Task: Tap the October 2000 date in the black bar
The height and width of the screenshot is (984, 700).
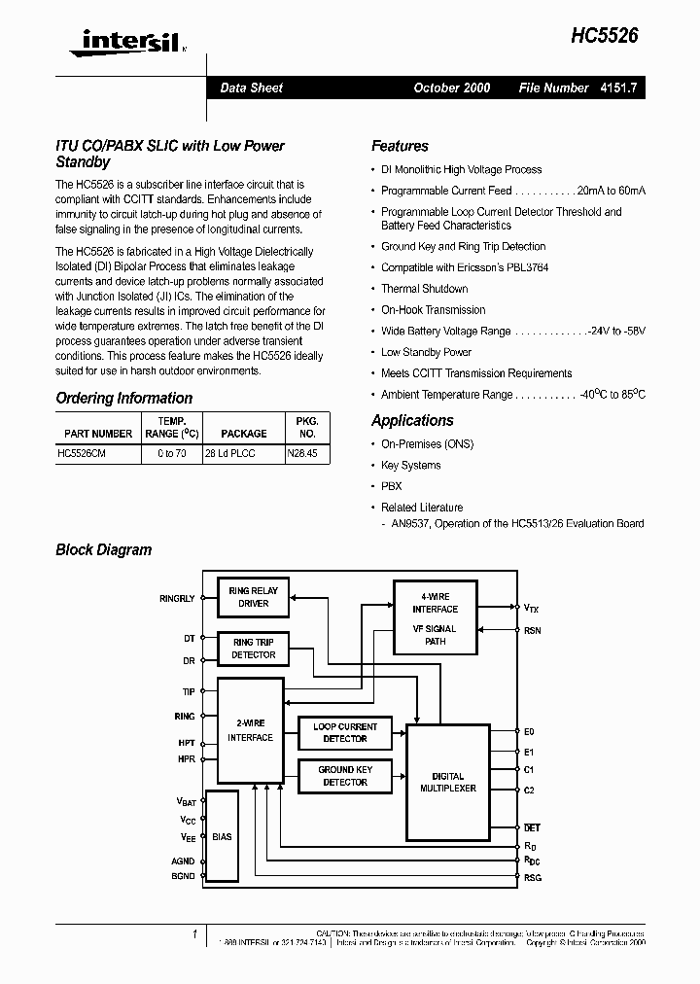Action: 452,88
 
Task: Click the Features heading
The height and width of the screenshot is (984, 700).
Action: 400,146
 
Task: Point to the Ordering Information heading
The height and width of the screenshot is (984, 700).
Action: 123,398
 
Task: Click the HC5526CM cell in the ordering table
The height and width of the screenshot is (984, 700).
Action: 82,454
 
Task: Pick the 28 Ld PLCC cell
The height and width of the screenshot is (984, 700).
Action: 229,454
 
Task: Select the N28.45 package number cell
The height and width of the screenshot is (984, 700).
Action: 301,454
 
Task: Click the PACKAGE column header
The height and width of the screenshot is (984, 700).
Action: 243,434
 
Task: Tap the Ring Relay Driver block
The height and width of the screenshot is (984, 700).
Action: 253,597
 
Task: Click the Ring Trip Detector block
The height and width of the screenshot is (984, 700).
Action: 254,649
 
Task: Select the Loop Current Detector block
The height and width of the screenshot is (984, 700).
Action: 345,732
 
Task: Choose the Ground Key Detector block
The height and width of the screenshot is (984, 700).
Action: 345,776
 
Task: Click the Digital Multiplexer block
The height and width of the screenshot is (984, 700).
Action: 454,782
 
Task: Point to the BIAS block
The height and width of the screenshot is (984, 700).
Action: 222,836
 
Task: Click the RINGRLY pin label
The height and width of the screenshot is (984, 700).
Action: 177,599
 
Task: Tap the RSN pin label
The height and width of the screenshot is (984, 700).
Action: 533,631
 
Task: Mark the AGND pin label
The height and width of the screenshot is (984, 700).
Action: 183,861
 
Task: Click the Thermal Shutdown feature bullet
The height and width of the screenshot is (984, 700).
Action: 424,289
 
